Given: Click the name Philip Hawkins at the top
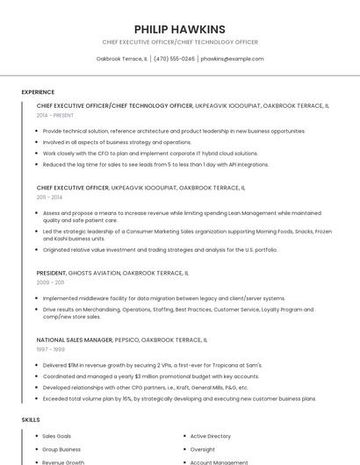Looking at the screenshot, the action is tap(180, 29).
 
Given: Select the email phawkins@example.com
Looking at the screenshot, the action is tap(232, 59).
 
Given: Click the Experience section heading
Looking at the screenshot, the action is tap(38, 92).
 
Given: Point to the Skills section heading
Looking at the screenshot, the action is tap(31, 420).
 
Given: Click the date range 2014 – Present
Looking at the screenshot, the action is tap(55, 115).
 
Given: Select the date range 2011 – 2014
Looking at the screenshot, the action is tap(50, 197).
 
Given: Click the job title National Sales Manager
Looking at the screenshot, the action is tap(75, 340).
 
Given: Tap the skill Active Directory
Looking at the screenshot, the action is tap(211, 436).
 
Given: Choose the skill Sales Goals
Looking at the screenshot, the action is tap(57, 436).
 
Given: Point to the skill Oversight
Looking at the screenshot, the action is tap(202, 449).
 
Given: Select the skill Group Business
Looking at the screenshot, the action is tap(61, 449).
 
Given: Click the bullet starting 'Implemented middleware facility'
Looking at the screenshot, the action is tap(164, 298).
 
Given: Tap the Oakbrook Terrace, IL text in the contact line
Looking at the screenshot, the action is tap(122, 59).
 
